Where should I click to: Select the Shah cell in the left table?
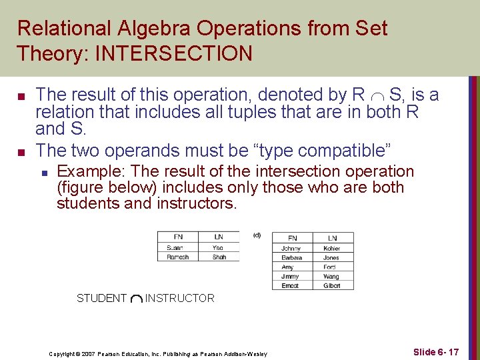tap(219, 257)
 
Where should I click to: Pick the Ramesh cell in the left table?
tap(178, 257)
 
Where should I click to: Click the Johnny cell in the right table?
tap(292, 248)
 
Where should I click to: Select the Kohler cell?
tap(332, 248)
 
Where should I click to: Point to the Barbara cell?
tap(292, 257)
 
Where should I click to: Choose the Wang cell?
tap(332, 276)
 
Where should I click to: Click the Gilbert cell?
tap(332, 285)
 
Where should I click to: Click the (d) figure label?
tap(257, 235)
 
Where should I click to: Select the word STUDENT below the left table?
tap(101, 299)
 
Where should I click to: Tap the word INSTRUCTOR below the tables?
tap(180, 299)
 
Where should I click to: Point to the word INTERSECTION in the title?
tap(174, 53)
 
